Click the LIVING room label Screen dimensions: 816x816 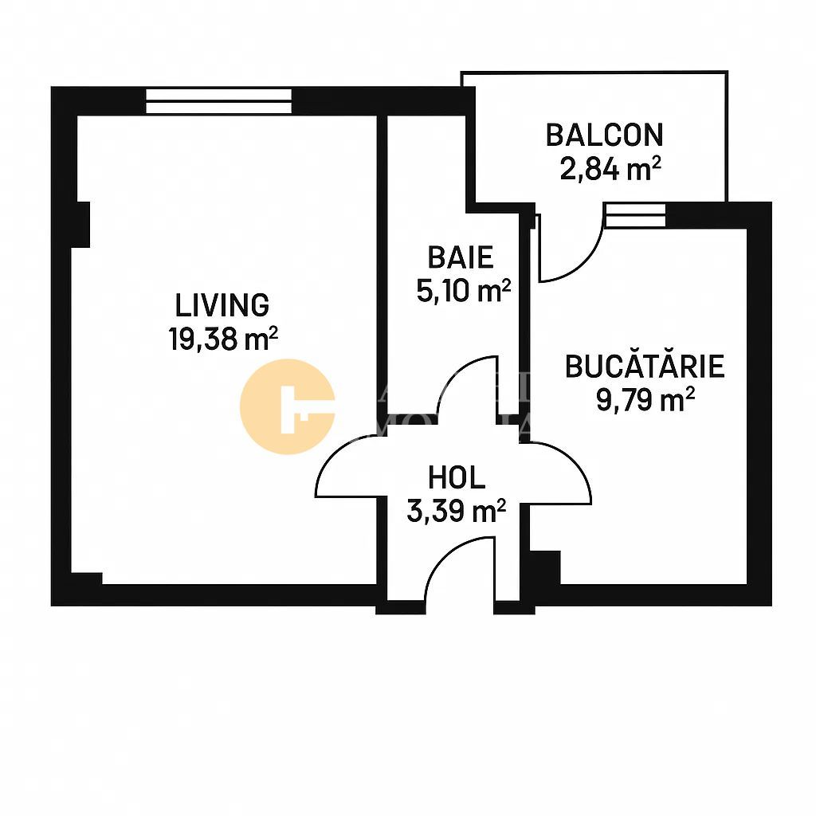click(222, 305)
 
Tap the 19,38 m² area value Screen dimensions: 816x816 click(223, 339)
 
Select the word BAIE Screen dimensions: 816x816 click(461, 257)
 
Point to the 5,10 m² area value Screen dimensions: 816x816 click(463, 291)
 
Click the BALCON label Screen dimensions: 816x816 click(604, 135)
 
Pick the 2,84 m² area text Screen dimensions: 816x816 click(610, 170)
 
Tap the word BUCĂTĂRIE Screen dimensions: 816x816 click(645, 367)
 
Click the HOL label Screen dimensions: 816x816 click(457, 478)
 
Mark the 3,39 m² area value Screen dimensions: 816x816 click(457, 511)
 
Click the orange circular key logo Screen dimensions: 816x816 click(287, 406)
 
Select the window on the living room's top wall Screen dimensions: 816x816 click(218, 101)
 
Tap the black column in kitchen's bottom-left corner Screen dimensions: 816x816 click(545, 567)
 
